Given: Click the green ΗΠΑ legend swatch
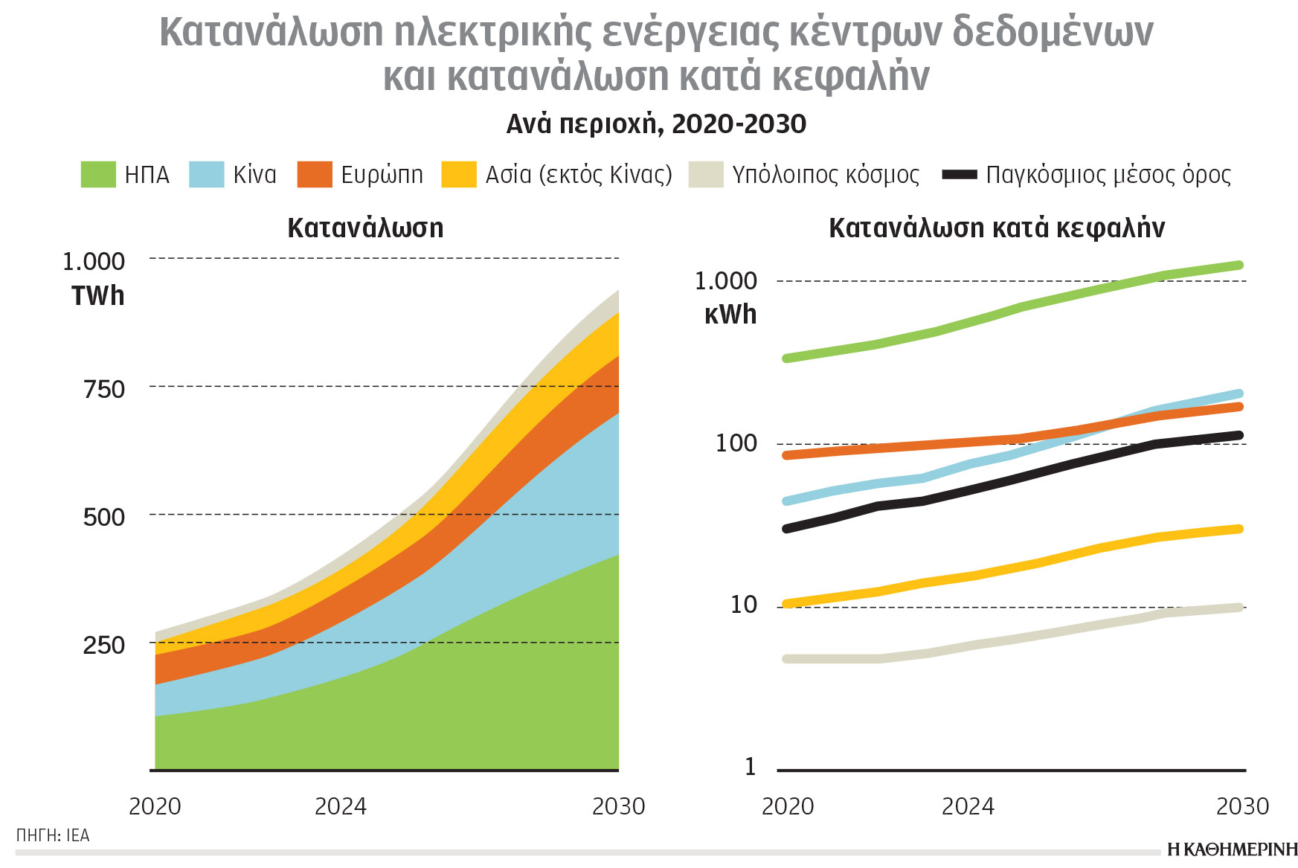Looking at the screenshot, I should pos(98,174).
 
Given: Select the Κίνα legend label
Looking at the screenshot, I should pos(254,175).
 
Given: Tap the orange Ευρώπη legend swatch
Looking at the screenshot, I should pos(315,174).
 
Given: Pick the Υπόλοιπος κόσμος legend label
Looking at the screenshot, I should pos(826,175).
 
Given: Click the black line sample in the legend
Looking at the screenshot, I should pos(960,175).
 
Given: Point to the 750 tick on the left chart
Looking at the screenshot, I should pos(104,389).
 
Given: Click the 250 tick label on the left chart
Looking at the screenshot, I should pos(104,645).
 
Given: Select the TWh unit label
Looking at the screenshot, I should pos(97,296).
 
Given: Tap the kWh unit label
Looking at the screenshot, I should pos(730,315).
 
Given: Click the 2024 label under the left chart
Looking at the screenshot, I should pos(341,806).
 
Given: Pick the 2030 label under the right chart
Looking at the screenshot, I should pos(1241,806).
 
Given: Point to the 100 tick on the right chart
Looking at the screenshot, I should pos(736,443).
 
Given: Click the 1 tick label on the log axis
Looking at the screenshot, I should pos(750,767).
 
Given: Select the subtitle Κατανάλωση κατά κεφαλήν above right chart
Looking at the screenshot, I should pos(997,228).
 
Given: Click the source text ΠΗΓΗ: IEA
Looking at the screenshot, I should pos(53,835).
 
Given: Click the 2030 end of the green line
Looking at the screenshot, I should pos(1239,265).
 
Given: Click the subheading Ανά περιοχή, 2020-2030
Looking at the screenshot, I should pos(656,123).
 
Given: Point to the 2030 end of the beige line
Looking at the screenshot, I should pos(1239,608).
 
